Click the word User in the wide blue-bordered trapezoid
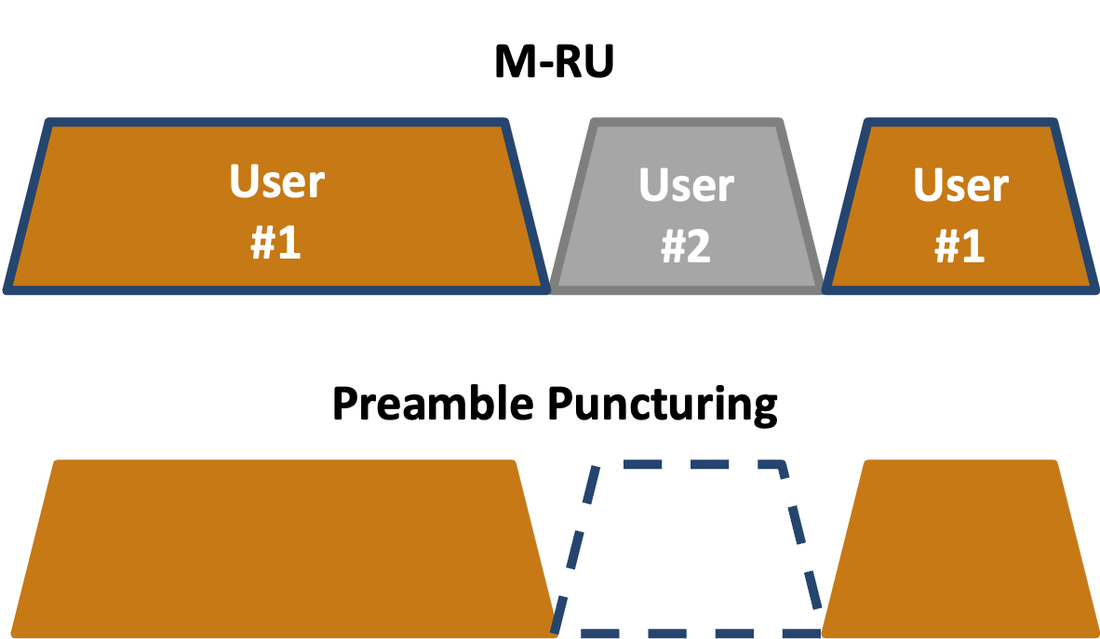[x=276, y=182]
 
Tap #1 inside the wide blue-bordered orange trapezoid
[x=276, y=243]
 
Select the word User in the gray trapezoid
[x=686, y=186]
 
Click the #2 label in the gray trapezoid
[x=686, y=247]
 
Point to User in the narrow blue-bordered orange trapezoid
[x=960, y=186]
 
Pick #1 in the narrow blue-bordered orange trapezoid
[x=960, y=247]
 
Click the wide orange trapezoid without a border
[x=279, y=549]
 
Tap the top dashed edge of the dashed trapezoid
[x=689, y=463]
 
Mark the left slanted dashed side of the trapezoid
[x=574, y=549]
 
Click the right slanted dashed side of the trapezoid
[x=802, y=549]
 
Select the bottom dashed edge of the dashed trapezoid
[x=689, y=633]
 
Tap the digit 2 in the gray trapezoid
[x=699, y=247]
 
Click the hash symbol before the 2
[x=672, y=247]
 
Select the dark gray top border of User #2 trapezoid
[x=686, y=123]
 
